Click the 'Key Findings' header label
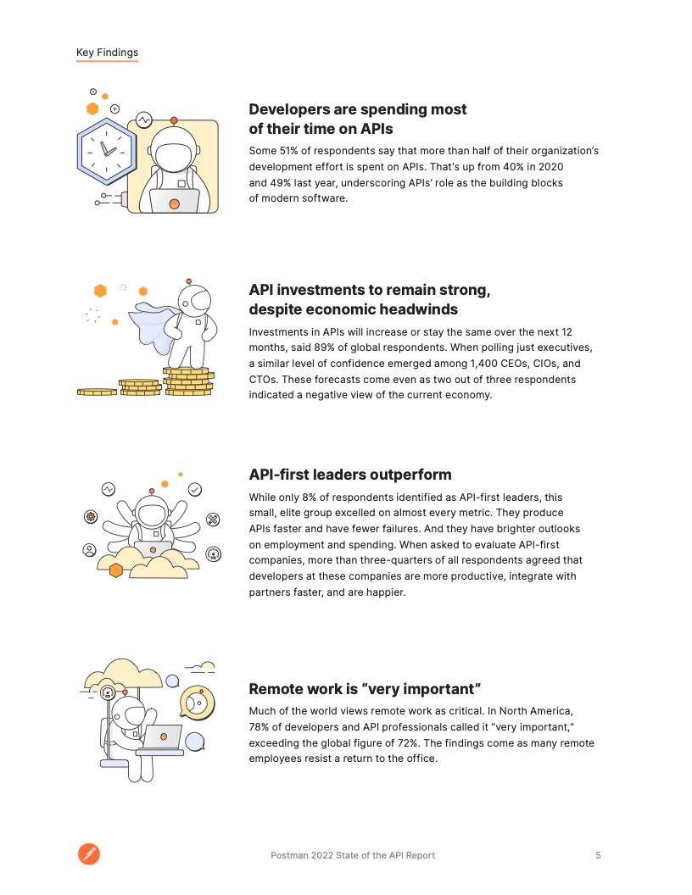coord(107,53)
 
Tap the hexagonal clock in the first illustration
coord(107,148)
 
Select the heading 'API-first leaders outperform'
coord(349,475)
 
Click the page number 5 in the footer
coord(598,855)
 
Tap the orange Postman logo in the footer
coord(89,854)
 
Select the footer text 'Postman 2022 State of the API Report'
coord(352,855)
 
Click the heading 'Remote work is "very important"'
coord(365,688)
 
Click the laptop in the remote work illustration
coord(161,737)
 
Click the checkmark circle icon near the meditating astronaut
coord(195,489)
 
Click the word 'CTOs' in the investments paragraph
coord(264,379)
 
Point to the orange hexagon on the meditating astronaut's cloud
coord(116,570)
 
